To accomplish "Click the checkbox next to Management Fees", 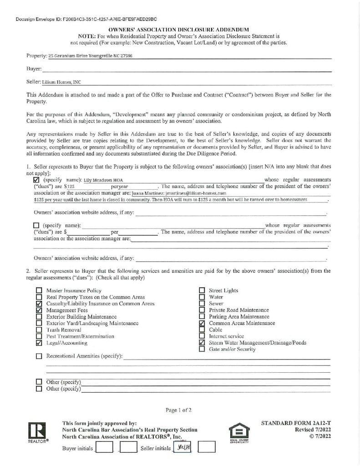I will pyautogui.click(x=39, y=310).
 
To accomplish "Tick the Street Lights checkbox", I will pyautogui.click(x=202, y=290).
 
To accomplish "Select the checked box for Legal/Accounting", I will pyautogui.click(x=39, y=343).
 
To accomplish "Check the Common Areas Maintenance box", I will pyautogui.click(x=202, y=323).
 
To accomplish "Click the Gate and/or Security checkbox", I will pyautogui.click(x=202, y=349).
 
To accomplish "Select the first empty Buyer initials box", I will pyautogui.click(x=105, y=448).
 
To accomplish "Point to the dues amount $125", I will pyautogui.click(x=69, y=187).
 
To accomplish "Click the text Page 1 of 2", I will pyautogui.click(x=179, y=410).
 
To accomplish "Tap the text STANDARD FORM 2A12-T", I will pyautogui.click(x=296, y=423).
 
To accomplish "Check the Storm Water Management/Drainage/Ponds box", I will pyautogui.click(x=202, y=343).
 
